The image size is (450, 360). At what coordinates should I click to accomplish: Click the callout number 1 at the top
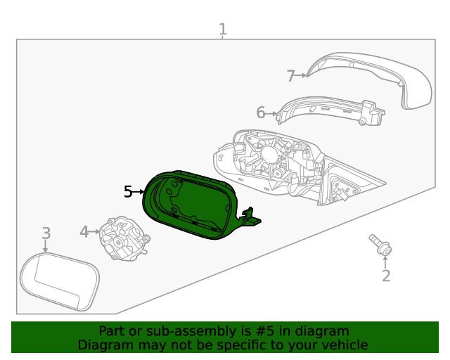(222, 30)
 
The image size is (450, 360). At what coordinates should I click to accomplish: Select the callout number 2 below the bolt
(385, 276)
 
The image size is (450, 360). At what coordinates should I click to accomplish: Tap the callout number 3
(46, 233)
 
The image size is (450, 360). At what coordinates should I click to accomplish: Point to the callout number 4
(84, 231)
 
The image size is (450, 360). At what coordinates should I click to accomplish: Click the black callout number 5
(128, 191)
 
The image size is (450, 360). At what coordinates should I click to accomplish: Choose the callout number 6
(260, 112)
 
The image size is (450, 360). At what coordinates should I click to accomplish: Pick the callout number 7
(290, 75)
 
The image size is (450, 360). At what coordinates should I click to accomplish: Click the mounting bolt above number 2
(380, 245)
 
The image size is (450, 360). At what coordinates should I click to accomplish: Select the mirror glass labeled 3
(59, 282)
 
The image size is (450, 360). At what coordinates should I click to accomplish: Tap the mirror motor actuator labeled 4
(124, 238)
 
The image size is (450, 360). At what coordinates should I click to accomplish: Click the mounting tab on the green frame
(249, 219)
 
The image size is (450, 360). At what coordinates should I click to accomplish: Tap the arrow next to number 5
(139, 191)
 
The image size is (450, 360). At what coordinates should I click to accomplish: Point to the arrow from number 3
(46, 246)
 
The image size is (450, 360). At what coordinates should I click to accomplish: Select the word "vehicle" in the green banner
(344, 345)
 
